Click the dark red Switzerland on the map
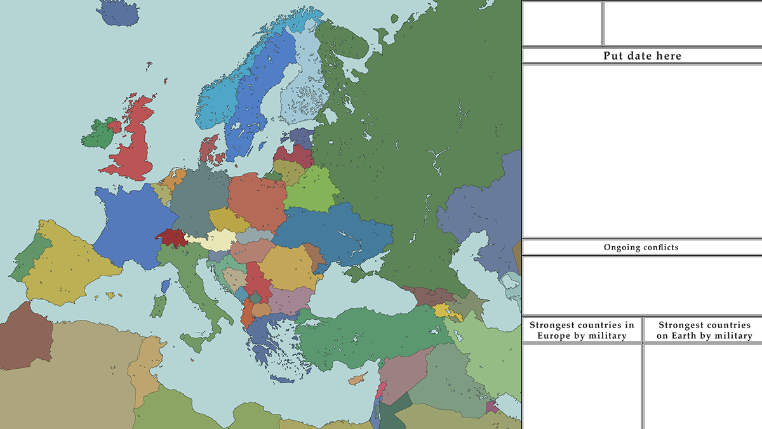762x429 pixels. point(170,238)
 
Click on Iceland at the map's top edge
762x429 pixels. point(117,13)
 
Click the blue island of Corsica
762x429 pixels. point(166,286)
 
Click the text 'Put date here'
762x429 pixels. point(641,56)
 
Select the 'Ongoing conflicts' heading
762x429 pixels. point(641,247)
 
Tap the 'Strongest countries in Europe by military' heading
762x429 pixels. point(582,330)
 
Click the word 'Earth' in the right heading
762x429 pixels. point(686,336)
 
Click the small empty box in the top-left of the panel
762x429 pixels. point(562,23)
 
